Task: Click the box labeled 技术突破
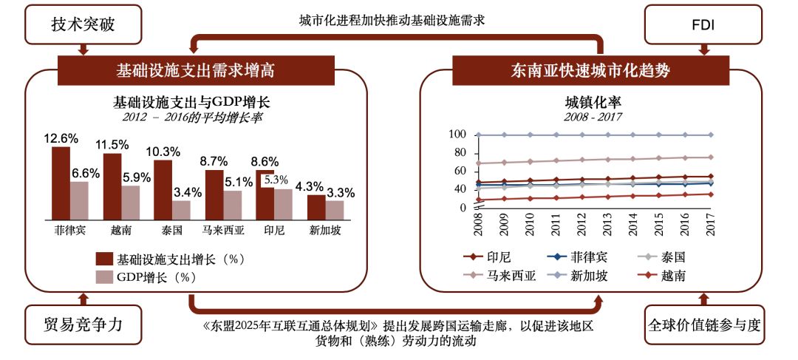click(83, 24)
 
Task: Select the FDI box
click(703, 24)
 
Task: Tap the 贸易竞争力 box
click(83, 325)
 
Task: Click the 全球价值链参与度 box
click(703, 325)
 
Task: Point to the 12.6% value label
click(61, 138)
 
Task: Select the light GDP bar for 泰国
click(181, 210)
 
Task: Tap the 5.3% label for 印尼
click(276, 179)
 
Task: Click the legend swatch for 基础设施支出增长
click(103, 259)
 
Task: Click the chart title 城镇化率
click(591, 103)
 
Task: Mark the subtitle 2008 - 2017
click(591, 117)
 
